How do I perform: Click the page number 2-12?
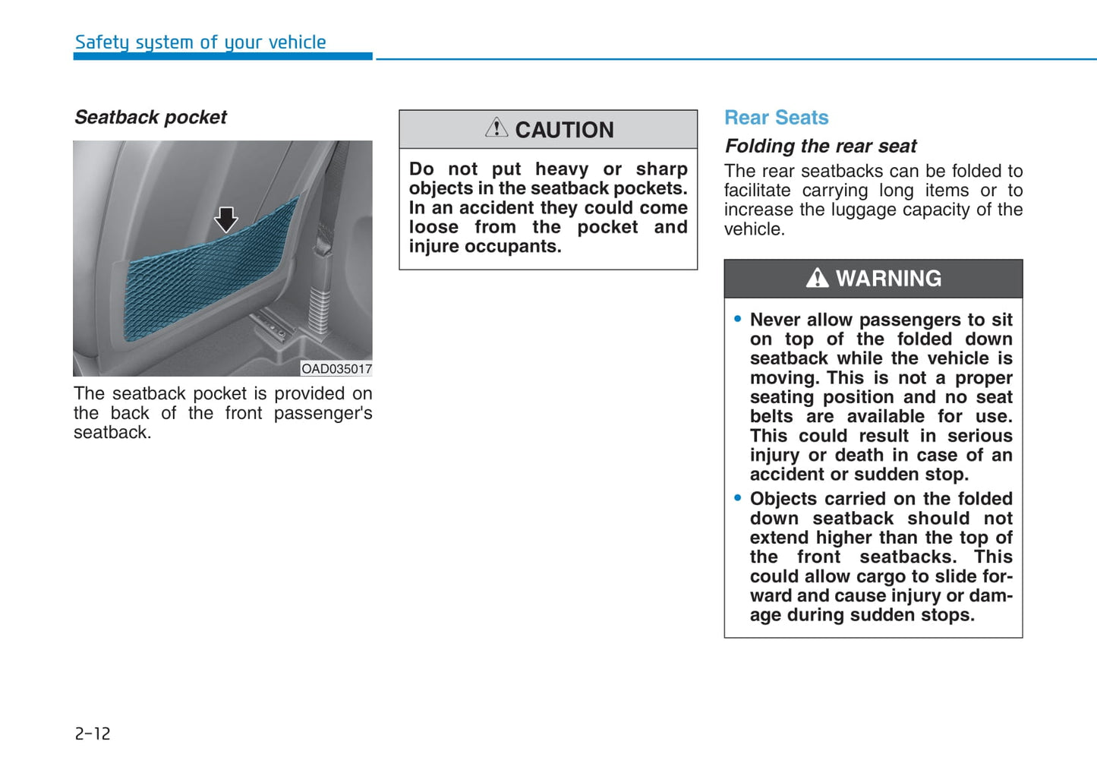(x=93, y=734)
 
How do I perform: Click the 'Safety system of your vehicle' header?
(x=200, y=43)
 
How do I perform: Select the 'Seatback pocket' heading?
(x=150, y=118)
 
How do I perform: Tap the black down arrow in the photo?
(x=225, y=219)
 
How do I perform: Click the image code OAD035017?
(x=336, y=369)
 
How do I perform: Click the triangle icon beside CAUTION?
(x=496, y=128)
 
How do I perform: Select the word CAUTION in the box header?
(x=564, y=131)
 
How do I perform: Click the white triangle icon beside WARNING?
(x=817, y=278)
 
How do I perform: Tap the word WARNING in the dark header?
(x=888, y=279)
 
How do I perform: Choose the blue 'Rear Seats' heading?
(x=776, y=118)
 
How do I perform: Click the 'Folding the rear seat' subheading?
(x=821, y=146)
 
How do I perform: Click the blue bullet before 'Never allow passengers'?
(x=738, y=320)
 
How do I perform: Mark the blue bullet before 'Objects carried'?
(x=738, y=498)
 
